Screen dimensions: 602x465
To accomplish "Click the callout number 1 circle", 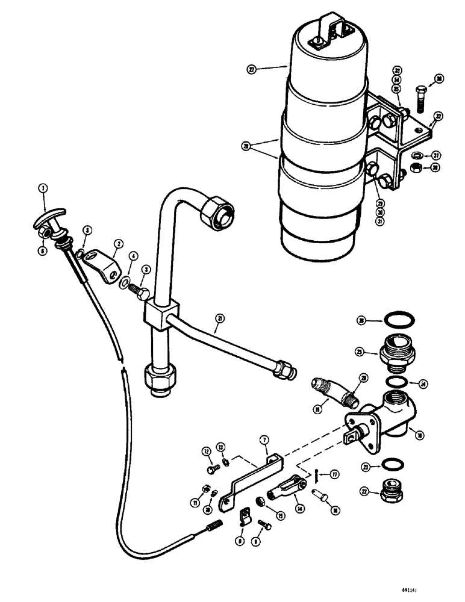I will coord(43,187).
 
